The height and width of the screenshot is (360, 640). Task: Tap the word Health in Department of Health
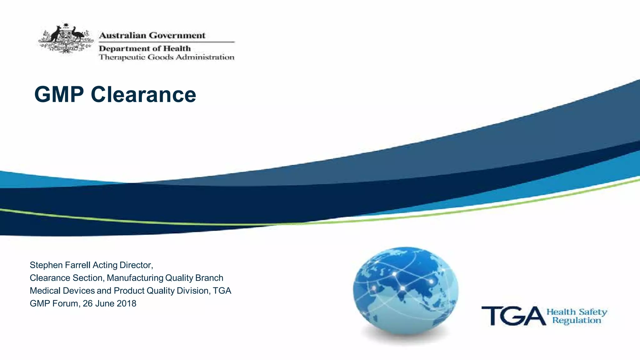177,48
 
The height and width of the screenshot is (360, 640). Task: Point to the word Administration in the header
205,57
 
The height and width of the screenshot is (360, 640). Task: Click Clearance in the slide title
143,94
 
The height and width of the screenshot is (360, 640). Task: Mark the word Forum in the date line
65,303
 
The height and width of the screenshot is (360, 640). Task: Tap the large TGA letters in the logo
513,316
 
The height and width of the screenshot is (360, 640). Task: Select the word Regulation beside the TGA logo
577,320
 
